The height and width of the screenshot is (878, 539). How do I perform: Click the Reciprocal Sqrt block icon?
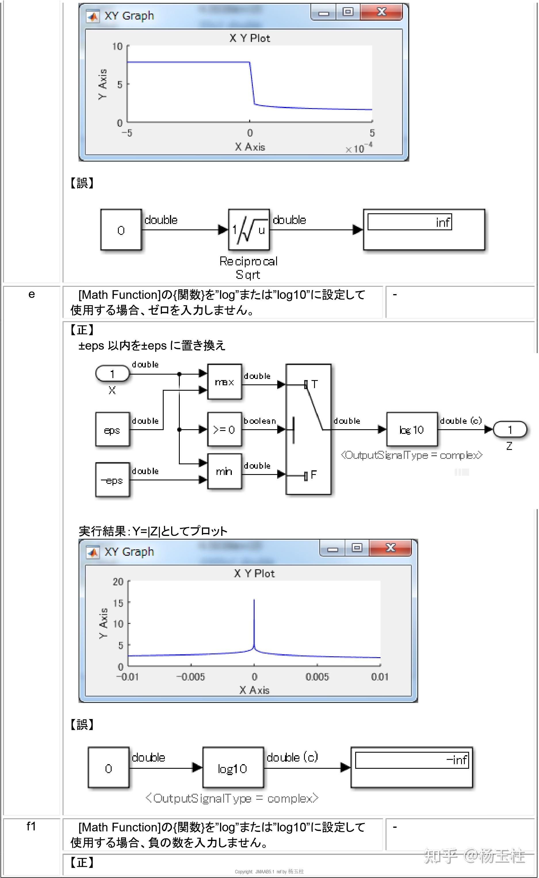249,230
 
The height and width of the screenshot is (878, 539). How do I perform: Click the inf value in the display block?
442,222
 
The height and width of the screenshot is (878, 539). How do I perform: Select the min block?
225,471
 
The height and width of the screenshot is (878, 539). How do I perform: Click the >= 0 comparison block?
225,430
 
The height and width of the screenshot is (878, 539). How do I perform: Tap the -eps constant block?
112,480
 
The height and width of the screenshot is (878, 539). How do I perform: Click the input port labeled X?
112,374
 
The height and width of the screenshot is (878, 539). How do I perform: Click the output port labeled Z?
510,430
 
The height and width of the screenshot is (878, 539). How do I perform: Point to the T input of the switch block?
314,384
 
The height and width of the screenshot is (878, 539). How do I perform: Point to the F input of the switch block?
313,475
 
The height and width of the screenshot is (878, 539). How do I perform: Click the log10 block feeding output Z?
412,430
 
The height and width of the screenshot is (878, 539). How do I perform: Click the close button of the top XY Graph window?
381,12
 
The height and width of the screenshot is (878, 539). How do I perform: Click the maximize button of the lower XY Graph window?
357,548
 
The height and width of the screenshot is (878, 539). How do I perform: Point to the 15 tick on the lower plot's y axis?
118,603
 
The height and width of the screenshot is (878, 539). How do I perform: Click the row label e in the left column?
32,294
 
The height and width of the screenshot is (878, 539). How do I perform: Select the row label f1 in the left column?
31,826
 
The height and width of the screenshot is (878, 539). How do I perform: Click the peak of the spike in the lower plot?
254,600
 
